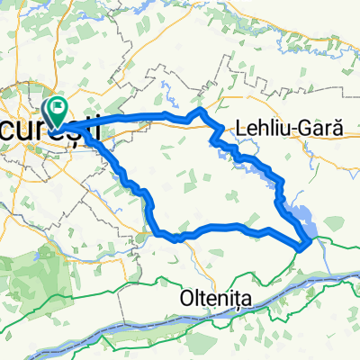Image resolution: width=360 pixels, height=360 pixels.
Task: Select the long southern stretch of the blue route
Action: click(225, 227)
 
